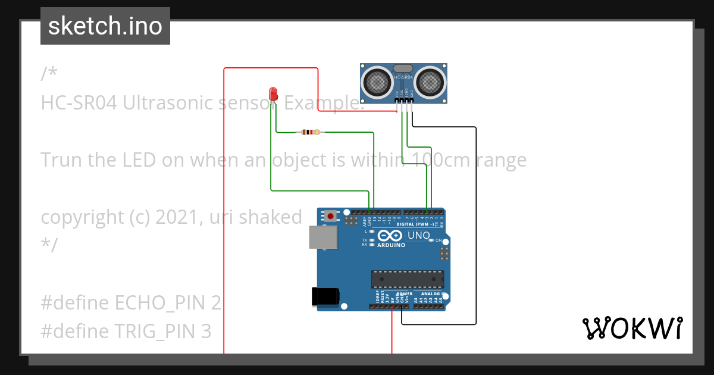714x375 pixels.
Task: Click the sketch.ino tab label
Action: (105, 26)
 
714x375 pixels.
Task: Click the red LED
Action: (273, 93)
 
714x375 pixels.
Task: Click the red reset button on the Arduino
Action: (330, 216)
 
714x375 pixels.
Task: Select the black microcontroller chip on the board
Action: (408, 279)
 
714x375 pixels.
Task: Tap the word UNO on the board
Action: (418, 236)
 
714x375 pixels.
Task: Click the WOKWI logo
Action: (632, 328)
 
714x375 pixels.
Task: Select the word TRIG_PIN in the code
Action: (160, 331)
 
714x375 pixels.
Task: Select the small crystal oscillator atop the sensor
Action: (403, 69)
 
